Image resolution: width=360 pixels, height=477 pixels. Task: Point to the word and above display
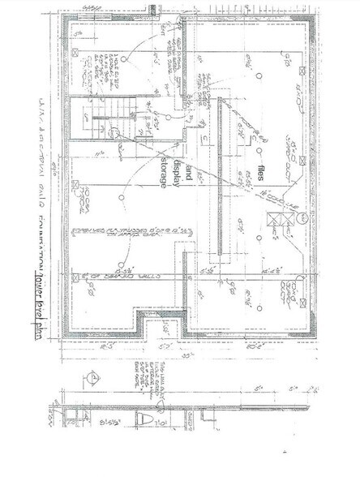click(x=189, y=170)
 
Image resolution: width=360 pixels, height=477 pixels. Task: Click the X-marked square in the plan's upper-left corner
click(x=75, y=51)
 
